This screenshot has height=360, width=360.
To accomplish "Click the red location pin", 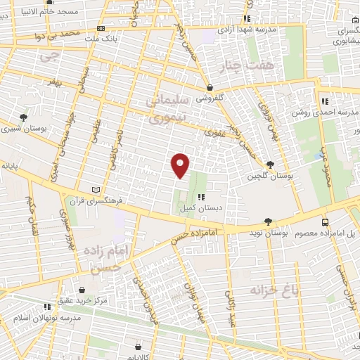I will [181, 165].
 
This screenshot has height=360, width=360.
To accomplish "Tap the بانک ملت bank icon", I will [101, 28].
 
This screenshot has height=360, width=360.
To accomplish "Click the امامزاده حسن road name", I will [199, 230].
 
